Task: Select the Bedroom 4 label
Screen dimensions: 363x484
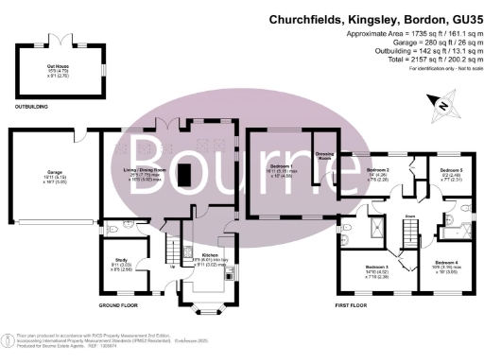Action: click(x=446, y=262)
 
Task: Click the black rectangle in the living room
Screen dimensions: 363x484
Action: click(x=185, y=175)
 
